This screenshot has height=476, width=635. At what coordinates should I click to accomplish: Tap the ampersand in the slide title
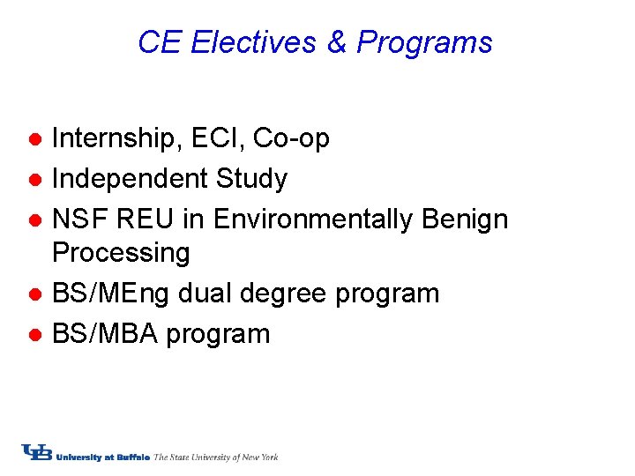tap(337, 42)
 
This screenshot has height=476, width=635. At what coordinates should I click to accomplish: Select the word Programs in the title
tap(424, 42)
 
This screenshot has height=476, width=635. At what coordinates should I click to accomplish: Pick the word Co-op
tap(291, 139)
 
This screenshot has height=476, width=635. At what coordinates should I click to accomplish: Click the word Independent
tap(129, 179)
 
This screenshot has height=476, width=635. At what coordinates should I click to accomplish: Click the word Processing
tap(121, 253)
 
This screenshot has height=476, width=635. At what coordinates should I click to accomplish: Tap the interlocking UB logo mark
tap(37, 453)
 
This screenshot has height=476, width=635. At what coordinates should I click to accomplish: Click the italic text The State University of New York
tap(216, 457)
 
